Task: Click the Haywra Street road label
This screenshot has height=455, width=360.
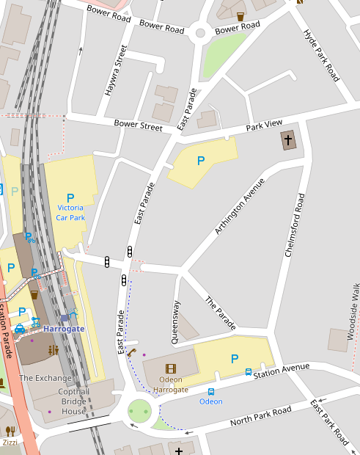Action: (x=116, y=71)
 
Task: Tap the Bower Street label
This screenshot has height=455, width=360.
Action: (x=138, y=125)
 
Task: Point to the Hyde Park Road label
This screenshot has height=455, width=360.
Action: (x=323, y=55)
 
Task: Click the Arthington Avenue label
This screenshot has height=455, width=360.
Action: (x=239, y=206)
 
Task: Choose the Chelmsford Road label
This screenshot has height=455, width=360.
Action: (x=294, y=225)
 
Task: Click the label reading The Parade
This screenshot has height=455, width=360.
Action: (x=221, y=313)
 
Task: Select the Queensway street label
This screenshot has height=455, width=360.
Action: (x=175, y=321)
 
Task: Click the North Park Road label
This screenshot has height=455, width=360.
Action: (x=260, y=416)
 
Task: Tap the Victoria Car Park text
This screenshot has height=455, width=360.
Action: (x=70, y=213)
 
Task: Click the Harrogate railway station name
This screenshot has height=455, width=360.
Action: (x=64, y=329)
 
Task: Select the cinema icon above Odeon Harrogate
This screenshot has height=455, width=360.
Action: (x=171, y=368)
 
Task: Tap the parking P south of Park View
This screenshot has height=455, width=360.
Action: (x=200, y=160)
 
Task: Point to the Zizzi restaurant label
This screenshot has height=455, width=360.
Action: (x=10, y=443)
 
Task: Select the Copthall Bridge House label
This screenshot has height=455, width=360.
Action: (x=74, y=402)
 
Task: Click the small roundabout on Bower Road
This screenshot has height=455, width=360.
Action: (x=199, y=32)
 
